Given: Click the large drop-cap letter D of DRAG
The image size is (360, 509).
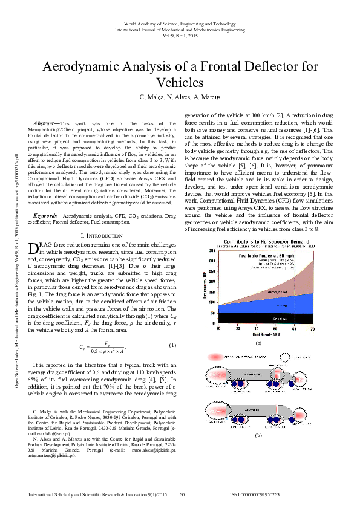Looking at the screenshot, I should click(33, 248).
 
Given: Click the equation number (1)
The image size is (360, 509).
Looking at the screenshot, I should click(172, 345).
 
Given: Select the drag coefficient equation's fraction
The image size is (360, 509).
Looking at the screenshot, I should click(106, 346).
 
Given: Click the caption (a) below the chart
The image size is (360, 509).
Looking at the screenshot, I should click(258, 343).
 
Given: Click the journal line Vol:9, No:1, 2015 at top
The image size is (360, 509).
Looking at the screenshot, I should click(180, 35).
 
